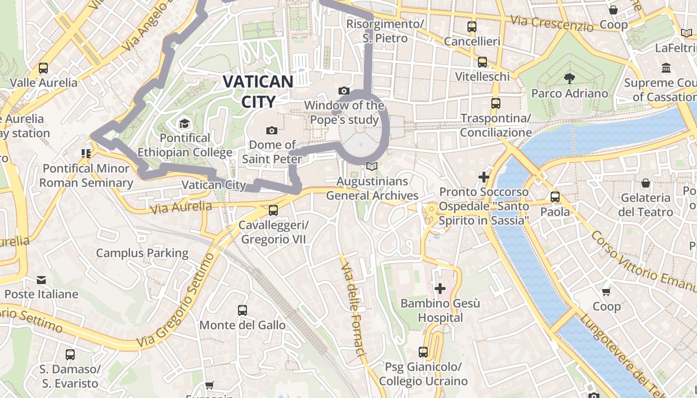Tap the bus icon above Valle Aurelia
tap(43, 68)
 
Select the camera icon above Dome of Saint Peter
tap(272, 131)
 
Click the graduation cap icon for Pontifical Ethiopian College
tap(185, 123)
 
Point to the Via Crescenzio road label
tap(552, 23)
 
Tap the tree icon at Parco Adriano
tap(569, 79)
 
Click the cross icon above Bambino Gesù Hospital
tap(440, 289)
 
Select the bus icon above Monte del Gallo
tap(242, 310)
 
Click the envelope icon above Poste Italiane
tap(41, 280)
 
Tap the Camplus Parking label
tap(142, 253)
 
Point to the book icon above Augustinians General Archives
tap(372, 167)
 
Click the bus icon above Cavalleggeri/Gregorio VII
tap(273, 210)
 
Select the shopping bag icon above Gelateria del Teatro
tap(646, 184)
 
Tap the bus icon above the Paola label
tap(555, 197)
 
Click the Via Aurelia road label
tap(181, 207)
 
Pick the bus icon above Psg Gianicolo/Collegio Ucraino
tap(423, 352)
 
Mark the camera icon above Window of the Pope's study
tap(344, 91)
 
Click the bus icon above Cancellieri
tap(471, 27)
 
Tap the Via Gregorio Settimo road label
tap(177, 301)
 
